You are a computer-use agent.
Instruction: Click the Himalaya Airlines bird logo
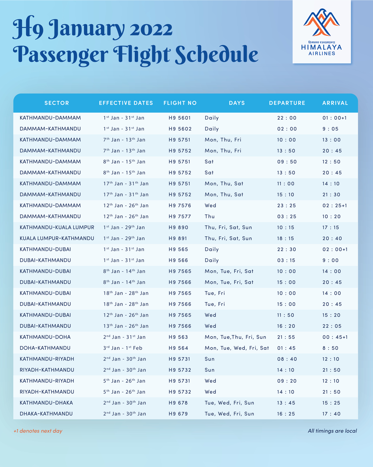click(321, 22)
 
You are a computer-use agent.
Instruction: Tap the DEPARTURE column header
click(287, 103)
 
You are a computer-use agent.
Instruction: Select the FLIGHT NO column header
click(180, 103)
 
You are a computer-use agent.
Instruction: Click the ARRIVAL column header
click(335, 103)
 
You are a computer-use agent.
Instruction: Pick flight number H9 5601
click(180, 118)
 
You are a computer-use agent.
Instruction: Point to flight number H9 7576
click(180, 205)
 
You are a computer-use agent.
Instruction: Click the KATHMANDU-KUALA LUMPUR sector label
click(57, 227)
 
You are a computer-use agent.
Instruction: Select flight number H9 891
click(178, 238)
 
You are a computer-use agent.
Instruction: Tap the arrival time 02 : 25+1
click(335, 205)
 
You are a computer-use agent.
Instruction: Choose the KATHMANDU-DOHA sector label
click(45, 337)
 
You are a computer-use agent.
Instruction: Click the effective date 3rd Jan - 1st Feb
click(123, 348)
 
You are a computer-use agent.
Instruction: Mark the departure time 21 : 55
click(287, 337)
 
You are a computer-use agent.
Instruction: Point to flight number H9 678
click(178, 403)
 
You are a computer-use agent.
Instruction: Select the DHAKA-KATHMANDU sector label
click(46, 414)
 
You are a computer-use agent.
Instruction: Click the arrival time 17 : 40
click(331, 414)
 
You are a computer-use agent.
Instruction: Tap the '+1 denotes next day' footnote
click(38, 431)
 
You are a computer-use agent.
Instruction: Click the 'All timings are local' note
click(332, 431)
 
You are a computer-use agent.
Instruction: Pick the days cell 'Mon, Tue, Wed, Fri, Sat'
click(237, 348)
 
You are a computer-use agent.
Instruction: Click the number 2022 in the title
click(151, 29)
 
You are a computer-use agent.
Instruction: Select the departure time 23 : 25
click(287, 205)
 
